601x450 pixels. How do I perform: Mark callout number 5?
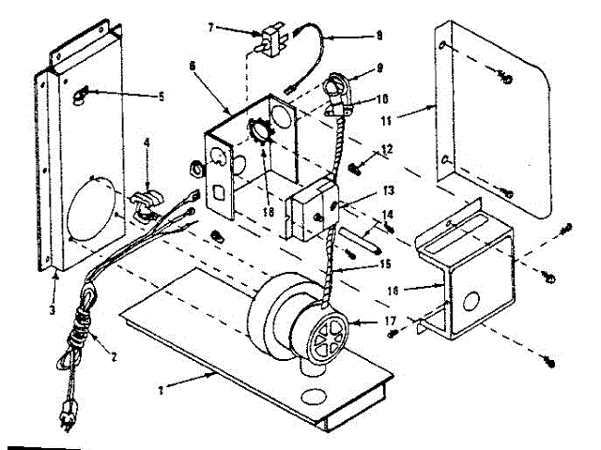(x=160, y=96)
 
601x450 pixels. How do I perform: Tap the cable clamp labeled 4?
(x=144, y=202)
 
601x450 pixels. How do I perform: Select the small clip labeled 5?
(x=83, y=90)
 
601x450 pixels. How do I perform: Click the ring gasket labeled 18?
(x=260, y=127)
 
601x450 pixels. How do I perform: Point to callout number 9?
(x=378, y=68)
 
